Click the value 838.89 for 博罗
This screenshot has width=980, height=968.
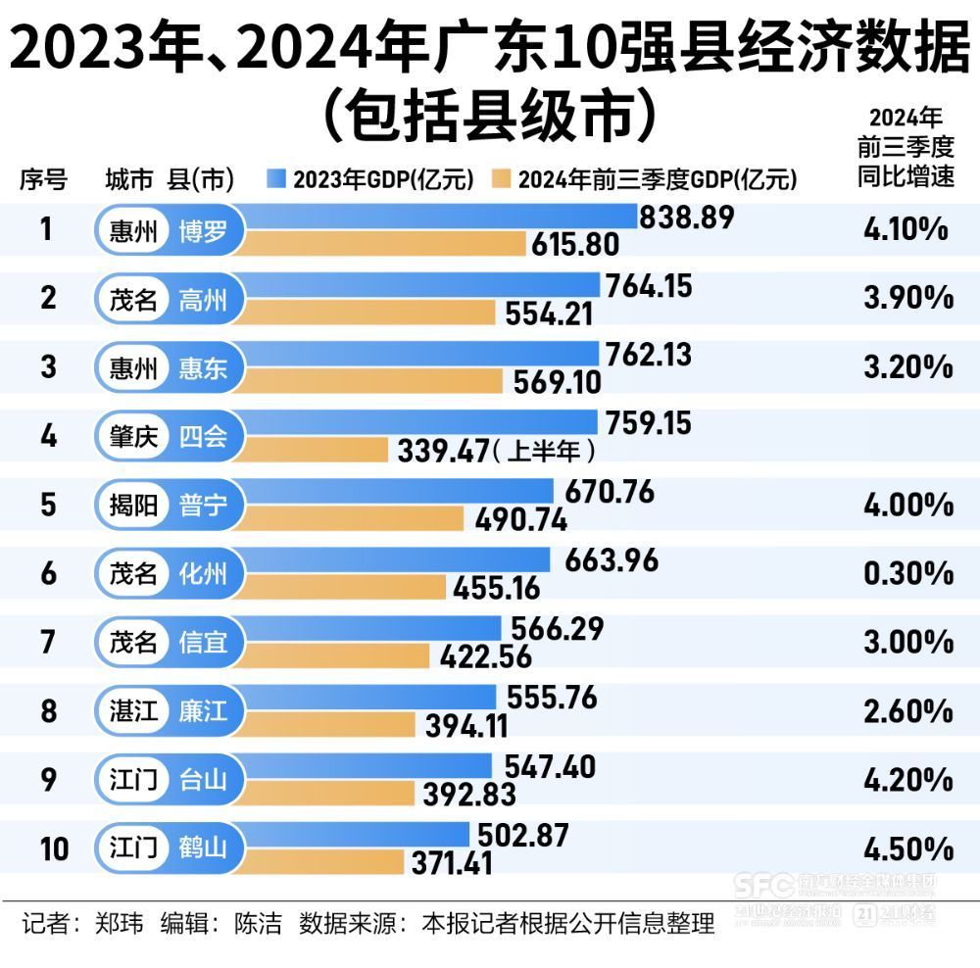(x=686, y=218)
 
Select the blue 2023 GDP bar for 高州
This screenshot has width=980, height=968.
(x=421, y=285)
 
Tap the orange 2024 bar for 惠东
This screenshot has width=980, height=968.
(x=372, y=381)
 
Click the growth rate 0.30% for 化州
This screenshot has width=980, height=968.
(x=907, y=573)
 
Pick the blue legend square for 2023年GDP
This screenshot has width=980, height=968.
(x=275, y=178)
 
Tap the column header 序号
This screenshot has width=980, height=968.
(x=44, y=179)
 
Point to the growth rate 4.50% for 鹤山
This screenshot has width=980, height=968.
(x=907, y=847)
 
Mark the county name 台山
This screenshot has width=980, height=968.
(x=203, y=780)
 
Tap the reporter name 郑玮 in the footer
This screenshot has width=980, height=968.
(x=119, y=924)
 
